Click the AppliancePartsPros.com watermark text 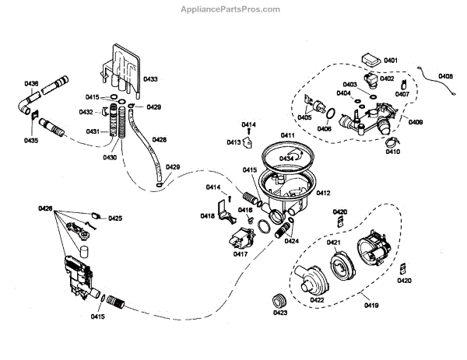pos(233,9)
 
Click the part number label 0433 pos(150,79)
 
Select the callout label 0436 pos(31,83)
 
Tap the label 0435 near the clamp pos(30,141)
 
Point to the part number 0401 pos(391,60)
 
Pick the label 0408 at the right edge pos(446,76)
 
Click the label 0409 pos(416,123)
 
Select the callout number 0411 pos(288,136)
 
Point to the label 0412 pos(323,192)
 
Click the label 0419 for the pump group pos(370,306)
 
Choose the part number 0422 pos(318,300)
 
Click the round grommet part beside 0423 pos(276,300)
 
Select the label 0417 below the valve pos(240,253)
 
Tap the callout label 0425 pos(115,218)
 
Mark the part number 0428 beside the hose pos(159,140)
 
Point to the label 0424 pos(292,241)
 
